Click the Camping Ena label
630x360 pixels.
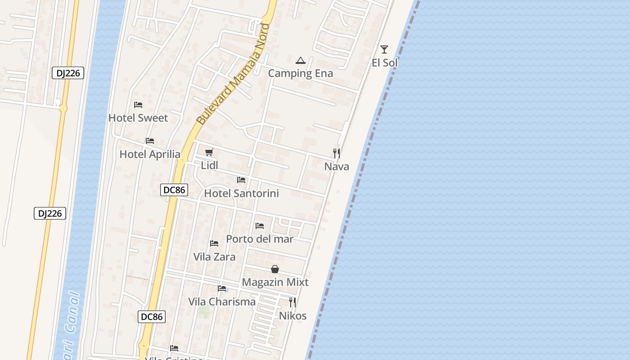pos(301,73)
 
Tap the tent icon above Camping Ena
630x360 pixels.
pos(300,60)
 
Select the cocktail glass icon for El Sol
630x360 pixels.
pos(384,49)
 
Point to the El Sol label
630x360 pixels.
pos(385,63)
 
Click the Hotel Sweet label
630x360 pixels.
pos(138,118)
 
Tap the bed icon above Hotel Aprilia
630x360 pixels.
pos(150,141)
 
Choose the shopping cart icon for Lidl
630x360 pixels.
pos(209,153)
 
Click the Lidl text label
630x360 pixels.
pos(209,166)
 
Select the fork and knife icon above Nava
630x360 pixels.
pos(336,153)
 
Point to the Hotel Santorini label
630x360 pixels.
pos(242,193)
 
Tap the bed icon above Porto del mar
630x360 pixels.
pos(260,225)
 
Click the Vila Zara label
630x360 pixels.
pos(214,257)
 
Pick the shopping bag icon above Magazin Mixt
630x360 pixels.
pos(275,269)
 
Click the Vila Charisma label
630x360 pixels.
pos(222,301)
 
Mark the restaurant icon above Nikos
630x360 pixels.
pos(292,302)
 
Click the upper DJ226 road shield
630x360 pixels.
pos(68,73)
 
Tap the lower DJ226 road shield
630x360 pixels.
pos(50,213)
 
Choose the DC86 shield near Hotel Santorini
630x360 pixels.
pos(174,190)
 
